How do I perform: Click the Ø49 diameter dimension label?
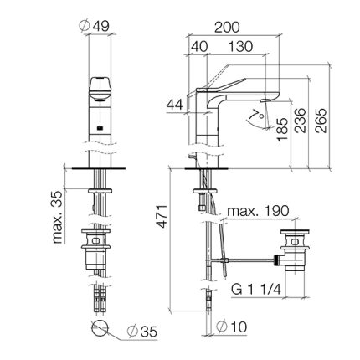(x=95, y=26)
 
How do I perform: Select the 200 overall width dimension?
(x=227, y=28)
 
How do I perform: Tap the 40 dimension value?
(x=199, y=47)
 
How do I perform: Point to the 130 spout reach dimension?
(x=240, y=47)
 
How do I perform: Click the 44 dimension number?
(x=175, y=105)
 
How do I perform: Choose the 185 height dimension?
(x=282, y=130)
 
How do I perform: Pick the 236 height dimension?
(x=301, y=121)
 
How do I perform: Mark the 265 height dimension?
(x=321, y=121)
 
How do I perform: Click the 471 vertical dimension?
(x=162, y=217)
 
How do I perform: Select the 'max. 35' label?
(x=57, y=217)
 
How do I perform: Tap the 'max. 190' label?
(x=258, y=211)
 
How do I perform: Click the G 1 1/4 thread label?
(x=256, y=290)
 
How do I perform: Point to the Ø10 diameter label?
(x=232, y=327)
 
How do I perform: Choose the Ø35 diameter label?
(x=141, y=332)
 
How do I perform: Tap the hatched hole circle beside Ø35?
(x=100, y=327)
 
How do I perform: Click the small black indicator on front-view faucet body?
(x=100, y=128)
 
